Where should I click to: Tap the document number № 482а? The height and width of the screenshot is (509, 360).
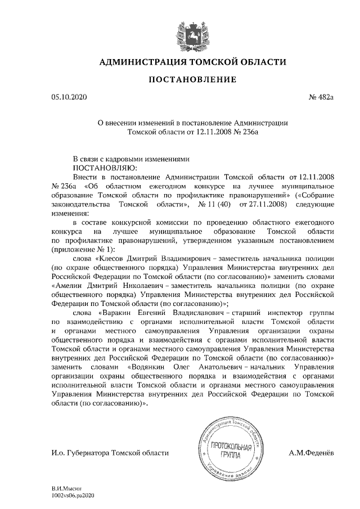click(x=321, y=98)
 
